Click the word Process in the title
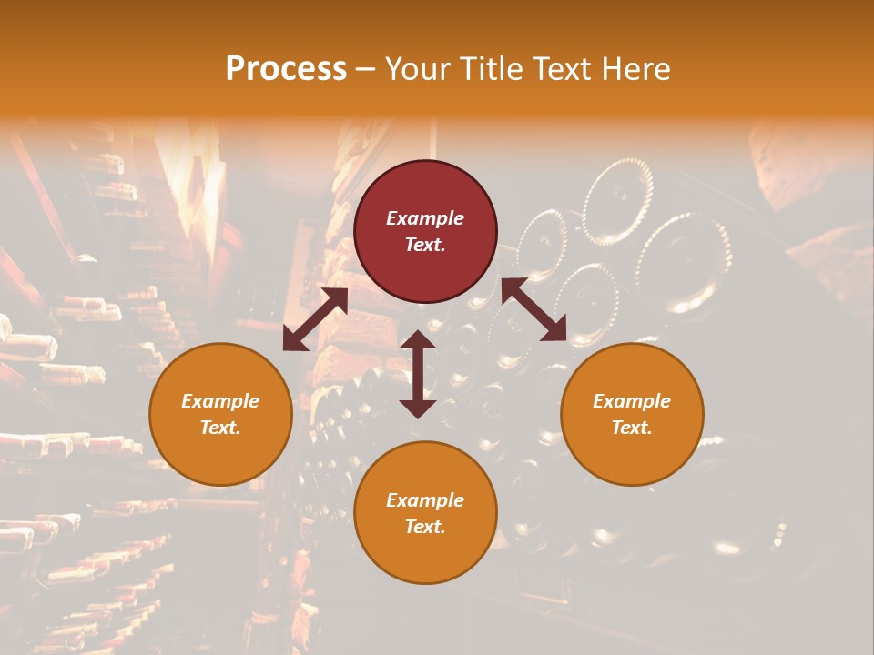[x=286, y=69]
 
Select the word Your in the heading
[x=418, y=69]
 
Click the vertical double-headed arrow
[x=418, y=374]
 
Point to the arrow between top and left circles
[x=315, y=319]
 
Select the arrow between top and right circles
[x=534, y=309]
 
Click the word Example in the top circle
[x=425, y=218]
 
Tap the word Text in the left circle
[x=220, y=428]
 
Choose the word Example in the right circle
[x=632, y=401]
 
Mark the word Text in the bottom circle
[x=425, y=527]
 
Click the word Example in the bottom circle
[x=425, y=500]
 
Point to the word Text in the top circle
[x=425, y=245]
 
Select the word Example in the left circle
[x=220, y=401]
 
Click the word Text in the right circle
[x=632, y=428]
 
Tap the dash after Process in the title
[x=365, y=69]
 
